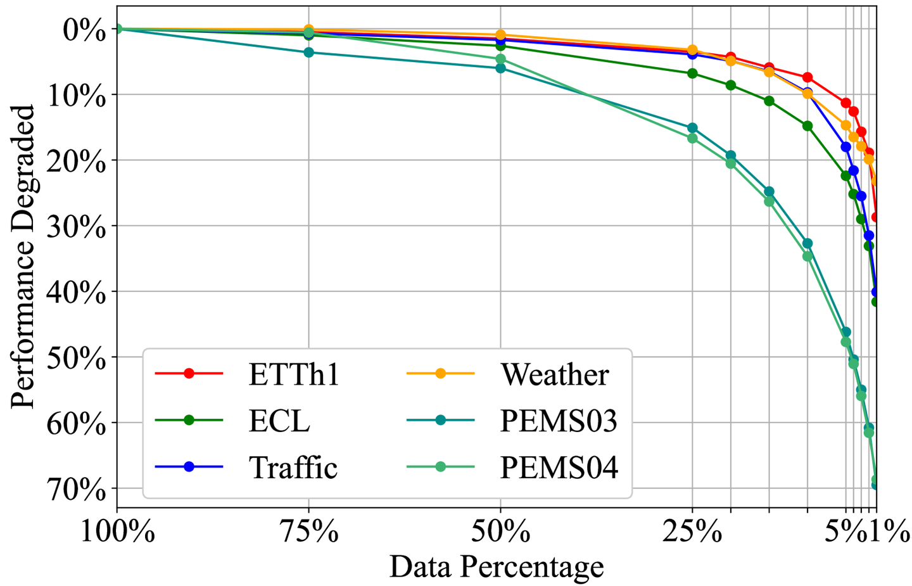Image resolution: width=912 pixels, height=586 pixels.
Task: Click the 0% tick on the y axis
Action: (83, 30)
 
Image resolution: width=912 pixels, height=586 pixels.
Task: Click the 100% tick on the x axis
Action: (117, 533)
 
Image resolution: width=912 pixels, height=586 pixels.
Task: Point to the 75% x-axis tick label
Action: (309, 533)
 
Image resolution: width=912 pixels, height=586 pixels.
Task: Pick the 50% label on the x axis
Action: (501, 533)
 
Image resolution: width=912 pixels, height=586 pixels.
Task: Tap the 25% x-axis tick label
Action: (692, 533)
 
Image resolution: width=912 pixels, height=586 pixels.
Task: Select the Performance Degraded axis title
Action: (23, 257)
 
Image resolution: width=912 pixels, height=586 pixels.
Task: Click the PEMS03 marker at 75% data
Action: (309, 52)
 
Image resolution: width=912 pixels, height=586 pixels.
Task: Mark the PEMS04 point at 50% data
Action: (501, 59)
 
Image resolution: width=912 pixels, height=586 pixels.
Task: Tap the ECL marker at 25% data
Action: (692, 73)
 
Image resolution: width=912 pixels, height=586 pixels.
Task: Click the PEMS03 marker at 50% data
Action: (501, 68)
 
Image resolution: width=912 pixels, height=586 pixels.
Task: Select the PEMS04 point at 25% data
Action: (692, 138)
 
